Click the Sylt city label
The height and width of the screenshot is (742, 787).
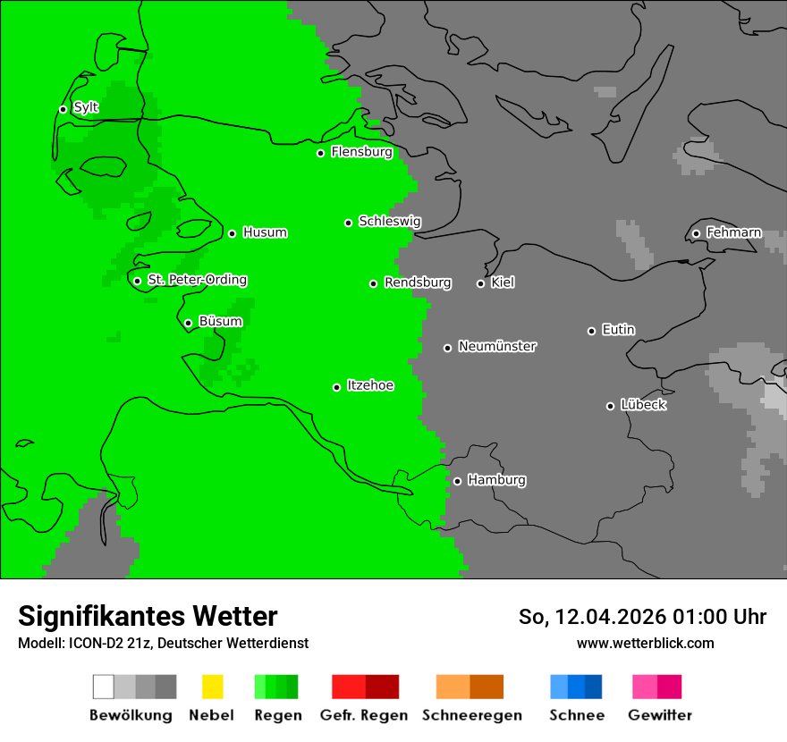[86, 108]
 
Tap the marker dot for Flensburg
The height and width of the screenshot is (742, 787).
[320, 153]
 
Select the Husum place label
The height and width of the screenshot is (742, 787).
[265, 233]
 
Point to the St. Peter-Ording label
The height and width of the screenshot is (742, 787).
[197, 281]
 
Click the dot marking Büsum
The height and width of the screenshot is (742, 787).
[188, 323]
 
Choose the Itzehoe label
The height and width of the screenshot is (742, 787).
[370, 386]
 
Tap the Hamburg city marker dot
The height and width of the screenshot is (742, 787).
[457, 481]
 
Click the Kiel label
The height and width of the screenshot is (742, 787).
[503, 283]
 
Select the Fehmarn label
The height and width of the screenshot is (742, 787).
[733, 233]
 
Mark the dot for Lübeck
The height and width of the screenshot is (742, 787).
[610, 406]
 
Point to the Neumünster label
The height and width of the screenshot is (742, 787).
[497, 347]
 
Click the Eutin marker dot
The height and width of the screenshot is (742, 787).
[591, 331]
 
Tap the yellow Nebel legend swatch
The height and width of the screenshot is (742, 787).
[212, 687]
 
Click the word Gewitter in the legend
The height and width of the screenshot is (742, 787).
[660, 715]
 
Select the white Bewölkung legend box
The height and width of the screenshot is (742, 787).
[104, 687]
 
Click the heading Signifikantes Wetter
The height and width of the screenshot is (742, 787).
[148, 616]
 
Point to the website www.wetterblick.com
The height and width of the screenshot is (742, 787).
[645, 643]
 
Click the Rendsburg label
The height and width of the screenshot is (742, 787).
[418, 283]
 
